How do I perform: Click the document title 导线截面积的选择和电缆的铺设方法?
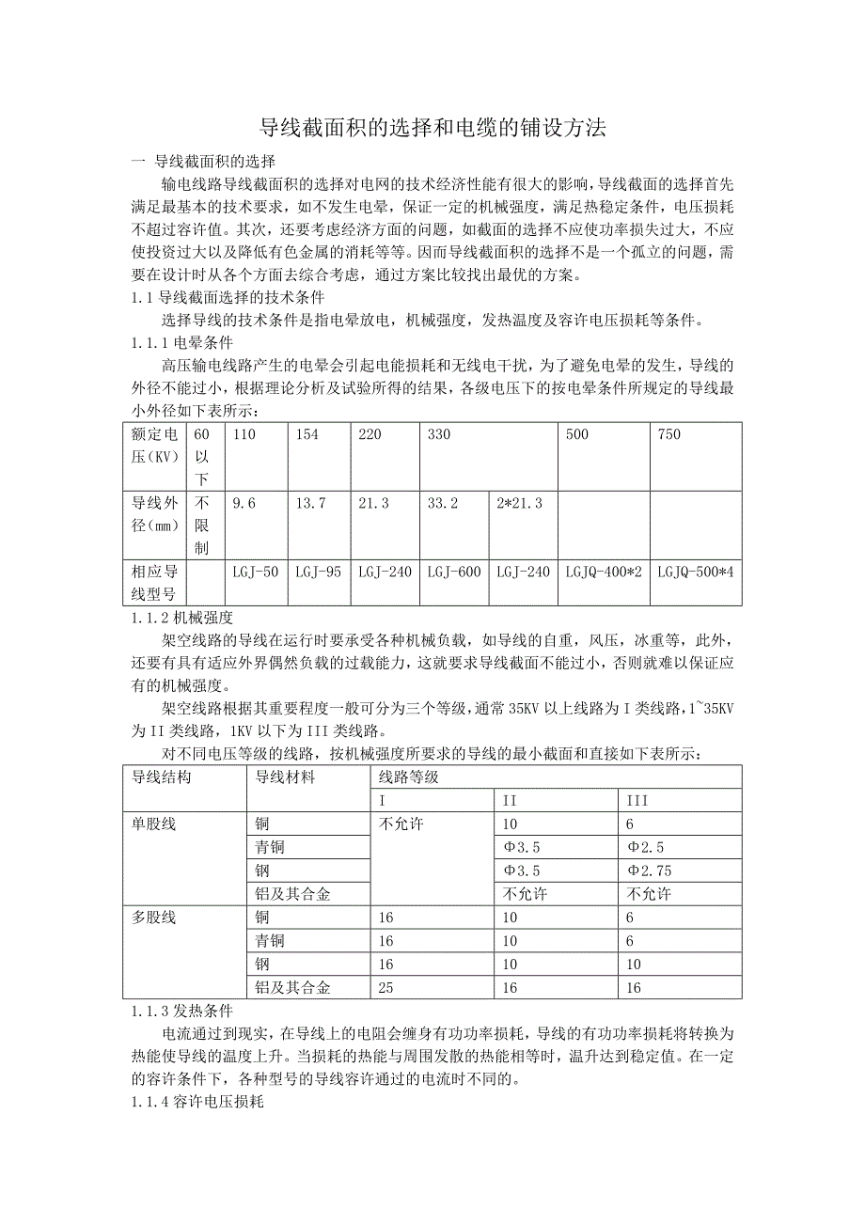(432, 129)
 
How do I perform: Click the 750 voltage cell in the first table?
(670, 435)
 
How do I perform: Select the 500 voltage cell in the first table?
(577, 435)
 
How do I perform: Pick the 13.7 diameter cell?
(310, 504)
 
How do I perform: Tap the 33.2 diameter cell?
(443, 504)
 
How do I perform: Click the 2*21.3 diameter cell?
(520, 504)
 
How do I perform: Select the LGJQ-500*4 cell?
(695, 572)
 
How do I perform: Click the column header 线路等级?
(409, 777)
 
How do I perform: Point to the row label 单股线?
(154, 824)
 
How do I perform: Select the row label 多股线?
(154, 917)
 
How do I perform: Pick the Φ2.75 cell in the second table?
(650, 871)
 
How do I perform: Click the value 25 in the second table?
(385, 987)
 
